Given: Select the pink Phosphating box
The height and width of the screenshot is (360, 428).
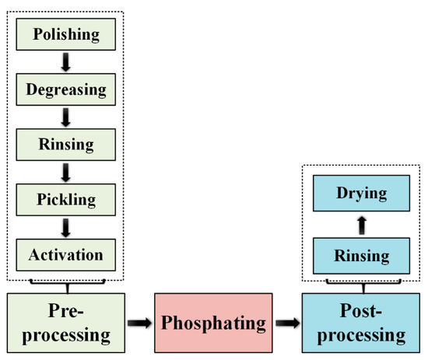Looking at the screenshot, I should [213, 320].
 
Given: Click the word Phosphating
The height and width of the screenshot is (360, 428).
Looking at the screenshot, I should [213, 320].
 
